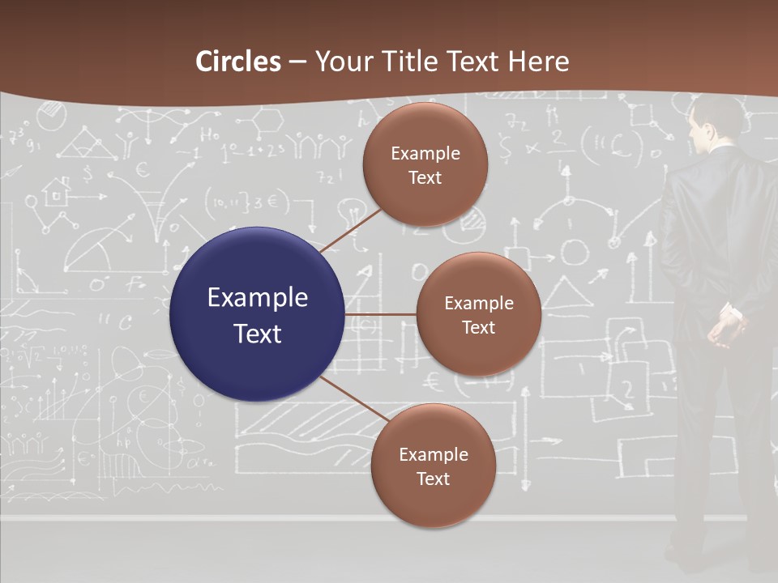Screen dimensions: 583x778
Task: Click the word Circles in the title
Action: (x=238, y=62)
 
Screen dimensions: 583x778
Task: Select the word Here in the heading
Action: (x=538, y=62)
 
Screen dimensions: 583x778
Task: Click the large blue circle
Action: (x=257, y=314)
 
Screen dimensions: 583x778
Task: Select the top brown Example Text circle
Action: (x=425, y=164)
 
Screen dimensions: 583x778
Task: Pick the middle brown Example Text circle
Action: (x=478, y=314)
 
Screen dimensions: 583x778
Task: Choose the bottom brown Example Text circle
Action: (x=433, y=466)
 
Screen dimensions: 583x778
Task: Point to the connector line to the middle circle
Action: (x=380, y=314)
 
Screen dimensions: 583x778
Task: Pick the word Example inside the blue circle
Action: (x=257, y=298)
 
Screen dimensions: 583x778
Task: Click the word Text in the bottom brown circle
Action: (x=433, y=479)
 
